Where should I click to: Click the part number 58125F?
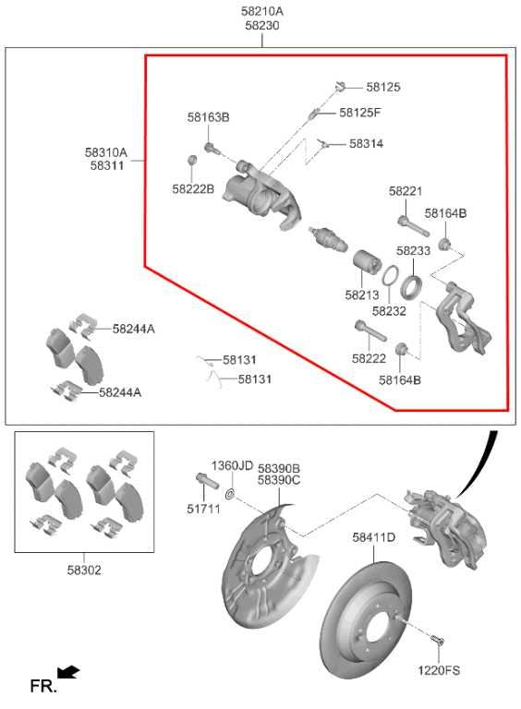click(x=359, y=113)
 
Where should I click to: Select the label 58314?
click(x=366, y=144)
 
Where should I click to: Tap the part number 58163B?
click(x=208, y=117)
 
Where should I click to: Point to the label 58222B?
click(x=192, y=188)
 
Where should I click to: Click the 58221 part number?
click(x=405, y=191)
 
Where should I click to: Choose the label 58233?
click(x=413, y=250)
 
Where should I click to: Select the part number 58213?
click(x=362, y=295)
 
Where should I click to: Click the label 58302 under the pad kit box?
click(x=83, y=570)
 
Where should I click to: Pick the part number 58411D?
click(x=373, y=536)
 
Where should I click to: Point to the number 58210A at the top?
click(x=262, y=11)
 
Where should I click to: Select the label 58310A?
click(x=106, y=152)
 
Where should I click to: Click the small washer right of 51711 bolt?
click(x=230, y=496)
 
